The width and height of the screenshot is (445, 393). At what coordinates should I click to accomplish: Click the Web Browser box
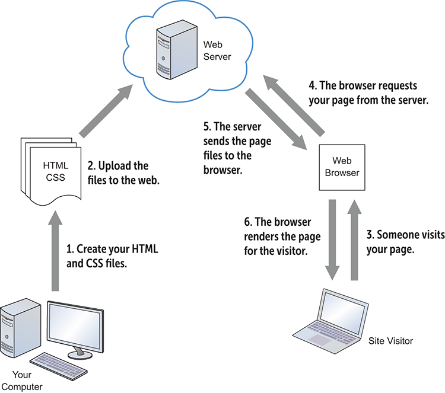342,167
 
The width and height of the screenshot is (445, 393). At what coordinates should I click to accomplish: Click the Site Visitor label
390,341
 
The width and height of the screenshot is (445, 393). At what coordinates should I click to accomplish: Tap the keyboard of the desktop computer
59,361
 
